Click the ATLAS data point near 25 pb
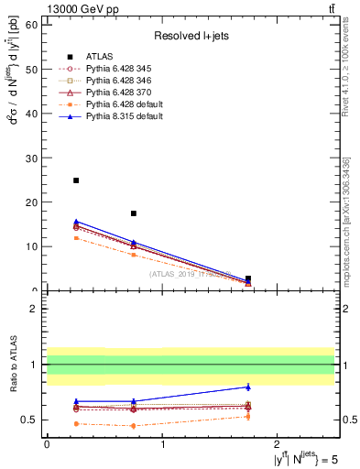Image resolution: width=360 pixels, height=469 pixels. tap(76, 180)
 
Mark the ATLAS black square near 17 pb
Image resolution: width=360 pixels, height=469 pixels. tap(134, 213)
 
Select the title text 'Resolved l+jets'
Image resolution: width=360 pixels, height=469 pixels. tap(189, 37)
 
